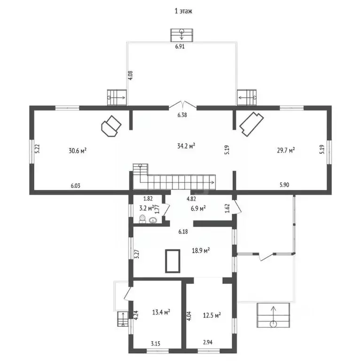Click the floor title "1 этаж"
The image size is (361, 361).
click(x=183, y=11)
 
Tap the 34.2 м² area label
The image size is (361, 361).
click(x=186, y=146)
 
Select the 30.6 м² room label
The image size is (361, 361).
click(x=78, y=150)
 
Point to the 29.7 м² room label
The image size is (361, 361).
click(x=286, y=150)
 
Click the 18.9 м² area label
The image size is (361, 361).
click(x=201, y=250)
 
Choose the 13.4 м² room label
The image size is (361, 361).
click(x=161, y=312)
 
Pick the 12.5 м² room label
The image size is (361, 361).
click(x=212, y=315)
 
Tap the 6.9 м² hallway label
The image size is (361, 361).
click(x=198, y=208)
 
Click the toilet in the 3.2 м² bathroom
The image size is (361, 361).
click(x=142, y=219)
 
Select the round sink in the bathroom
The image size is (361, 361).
click(x=153, y=220)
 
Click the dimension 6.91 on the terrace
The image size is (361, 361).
click(x=180, y=46)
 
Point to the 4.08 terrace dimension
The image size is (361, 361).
click(x=130, y=75)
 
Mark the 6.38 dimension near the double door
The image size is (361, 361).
click(x=182, y=115)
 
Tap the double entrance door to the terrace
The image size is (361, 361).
click(x=182, y=104)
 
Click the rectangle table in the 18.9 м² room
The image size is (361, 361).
click(x=173, y=261)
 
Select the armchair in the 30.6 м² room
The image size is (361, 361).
click(x=111, y=126)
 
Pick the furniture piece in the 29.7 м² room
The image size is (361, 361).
click(x=251, y=124)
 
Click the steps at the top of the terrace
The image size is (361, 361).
click(x=181, y=35)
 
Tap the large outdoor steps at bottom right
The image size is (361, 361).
click(x=273, y=315)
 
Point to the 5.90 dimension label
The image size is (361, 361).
click(x=284, y=185)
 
